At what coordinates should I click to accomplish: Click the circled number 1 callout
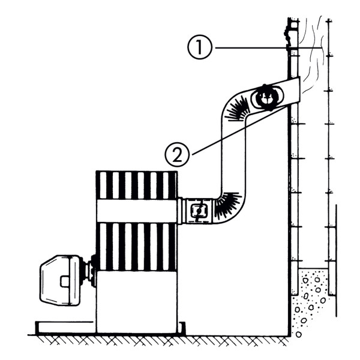200,48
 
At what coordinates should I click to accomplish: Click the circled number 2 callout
177,155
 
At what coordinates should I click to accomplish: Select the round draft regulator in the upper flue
267,97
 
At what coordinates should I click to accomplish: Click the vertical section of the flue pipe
233,156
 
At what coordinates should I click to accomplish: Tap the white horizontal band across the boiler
137,211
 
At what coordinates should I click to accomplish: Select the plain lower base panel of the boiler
137,301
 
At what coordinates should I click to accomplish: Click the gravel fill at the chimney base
310,303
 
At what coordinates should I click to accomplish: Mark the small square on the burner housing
65,281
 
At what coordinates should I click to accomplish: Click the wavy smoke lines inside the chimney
312,55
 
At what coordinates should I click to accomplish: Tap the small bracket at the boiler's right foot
182,328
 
